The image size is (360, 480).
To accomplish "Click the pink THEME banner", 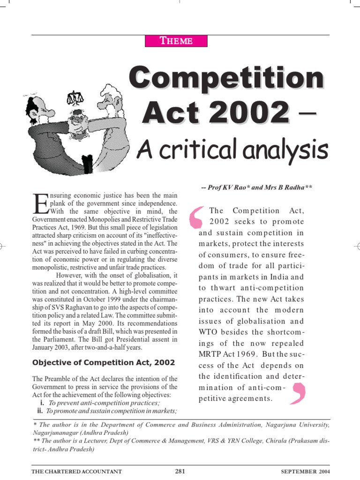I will (x=176, y=40).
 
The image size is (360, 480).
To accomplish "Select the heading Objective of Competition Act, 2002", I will (x=103, y=362).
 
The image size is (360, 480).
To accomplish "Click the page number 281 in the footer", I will (x=180, y=471).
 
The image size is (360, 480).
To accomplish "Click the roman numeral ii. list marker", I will (x=41, y=411).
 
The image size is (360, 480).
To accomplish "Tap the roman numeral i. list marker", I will (x=42, y=403).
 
